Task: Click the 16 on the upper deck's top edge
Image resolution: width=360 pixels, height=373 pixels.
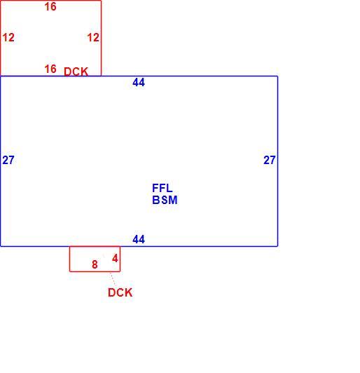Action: tap(50, 6)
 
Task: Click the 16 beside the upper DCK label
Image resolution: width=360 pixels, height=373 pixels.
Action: tap(50, 69)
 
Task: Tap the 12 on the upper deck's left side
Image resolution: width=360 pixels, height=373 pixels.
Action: tap(8, 37)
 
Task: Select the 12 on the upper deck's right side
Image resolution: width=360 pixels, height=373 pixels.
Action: tap(93, 37)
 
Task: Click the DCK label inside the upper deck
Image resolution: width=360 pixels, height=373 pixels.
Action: tap(76, 72)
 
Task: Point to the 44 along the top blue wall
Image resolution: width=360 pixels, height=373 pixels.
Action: tap(139, 82)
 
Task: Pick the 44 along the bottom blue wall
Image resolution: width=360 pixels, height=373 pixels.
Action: tap(139, 239)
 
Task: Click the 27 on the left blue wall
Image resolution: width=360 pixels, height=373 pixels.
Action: tap(8, 160)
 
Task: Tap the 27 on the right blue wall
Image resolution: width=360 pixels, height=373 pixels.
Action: tap(270, 160)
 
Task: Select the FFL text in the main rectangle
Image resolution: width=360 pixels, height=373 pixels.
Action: tap(162, 188)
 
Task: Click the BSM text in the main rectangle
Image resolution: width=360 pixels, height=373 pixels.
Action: tap(165, 200)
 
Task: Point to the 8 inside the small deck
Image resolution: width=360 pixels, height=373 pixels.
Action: tap(95, 264)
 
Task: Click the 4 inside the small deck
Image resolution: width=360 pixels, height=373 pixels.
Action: tap(115, 258)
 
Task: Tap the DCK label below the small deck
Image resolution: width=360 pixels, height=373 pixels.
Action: tap(120, 292)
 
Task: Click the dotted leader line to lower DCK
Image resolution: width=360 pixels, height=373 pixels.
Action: tap(113, 279)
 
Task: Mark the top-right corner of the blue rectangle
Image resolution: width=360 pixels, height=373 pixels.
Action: tap(277, 76)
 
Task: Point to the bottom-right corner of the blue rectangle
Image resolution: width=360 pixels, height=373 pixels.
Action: tap(277, 246)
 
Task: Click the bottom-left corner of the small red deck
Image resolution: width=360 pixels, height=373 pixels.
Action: tap(69, 271)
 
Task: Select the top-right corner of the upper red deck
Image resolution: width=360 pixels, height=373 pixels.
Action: tap(102, 1)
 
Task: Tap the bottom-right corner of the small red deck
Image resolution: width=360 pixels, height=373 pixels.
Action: tap(120, 271)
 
